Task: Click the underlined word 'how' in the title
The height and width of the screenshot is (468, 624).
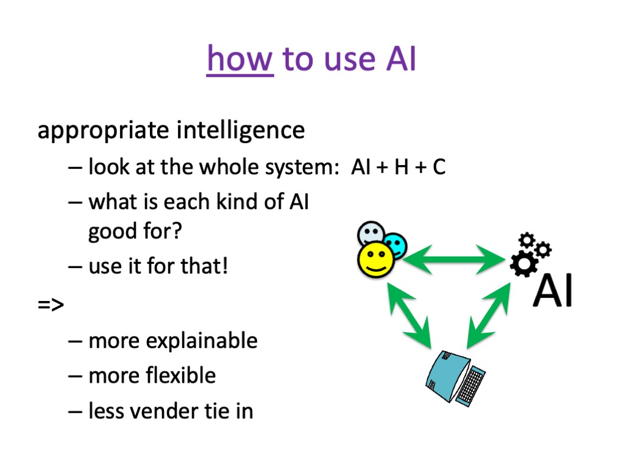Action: coord(240,59)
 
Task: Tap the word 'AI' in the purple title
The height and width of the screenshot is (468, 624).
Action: coord(401,59)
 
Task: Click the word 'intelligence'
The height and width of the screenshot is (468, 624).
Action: coord(241,130)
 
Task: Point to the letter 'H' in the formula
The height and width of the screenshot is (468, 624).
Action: coord(402,167)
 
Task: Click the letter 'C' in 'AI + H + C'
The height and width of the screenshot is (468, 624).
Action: coord(439,167)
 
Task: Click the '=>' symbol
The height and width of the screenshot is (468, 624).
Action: coord(51,305)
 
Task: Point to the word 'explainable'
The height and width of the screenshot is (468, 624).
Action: coord(202,341)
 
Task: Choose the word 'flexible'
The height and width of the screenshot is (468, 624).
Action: coord(180,375)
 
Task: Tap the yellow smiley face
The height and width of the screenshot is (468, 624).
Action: coord(375,260)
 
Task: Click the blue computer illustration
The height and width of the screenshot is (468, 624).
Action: coord(455,378)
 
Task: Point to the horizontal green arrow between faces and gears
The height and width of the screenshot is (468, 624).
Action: coord(454,260)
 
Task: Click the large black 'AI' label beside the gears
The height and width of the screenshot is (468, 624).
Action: coord(553,291)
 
